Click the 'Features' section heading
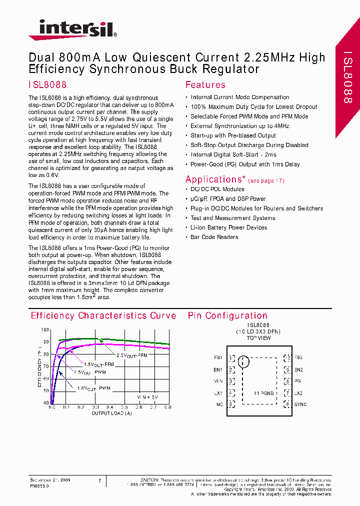205,85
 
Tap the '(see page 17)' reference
266,180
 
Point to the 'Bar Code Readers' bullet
214,237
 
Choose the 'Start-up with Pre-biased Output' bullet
233,135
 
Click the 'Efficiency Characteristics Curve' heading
103,315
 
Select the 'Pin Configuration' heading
227,315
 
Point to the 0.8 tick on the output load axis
167,407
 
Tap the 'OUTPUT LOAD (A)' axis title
111,413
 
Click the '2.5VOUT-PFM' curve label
131,355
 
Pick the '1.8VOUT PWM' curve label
93,388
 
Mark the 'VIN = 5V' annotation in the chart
147,397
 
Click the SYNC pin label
300,404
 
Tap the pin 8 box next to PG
287,381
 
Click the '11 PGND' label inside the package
263,393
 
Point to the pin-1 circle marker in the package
243,361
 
